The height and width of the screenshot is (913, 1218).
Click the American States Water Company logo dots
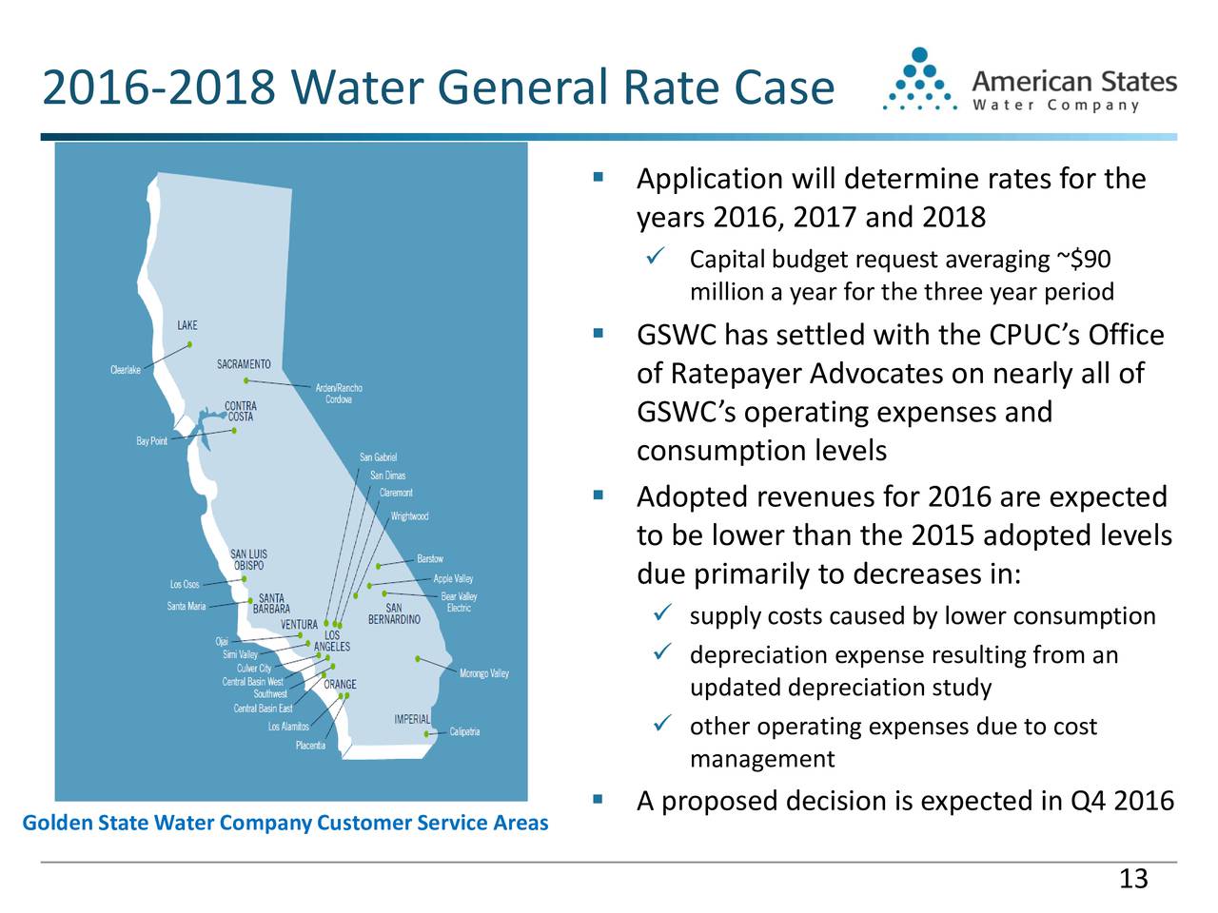point(919,82)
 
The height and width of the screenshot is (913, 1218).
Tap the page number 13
point(1133,879)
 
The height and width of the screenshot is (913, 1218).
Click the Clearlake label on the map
point(126,370)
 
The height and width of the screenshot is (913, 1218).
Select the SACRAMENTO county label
point(244,364)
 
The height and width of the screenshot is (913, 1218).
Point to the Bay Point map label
point(151,441)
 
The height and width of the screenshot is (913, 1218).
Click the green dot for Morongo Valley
point(418,658)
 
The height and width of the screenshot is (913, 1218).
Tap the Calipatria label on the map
point(464,732)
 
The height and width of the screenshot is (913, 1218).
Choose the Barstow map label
point(429,558)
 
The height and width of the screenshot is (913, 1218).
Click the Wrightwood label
point(409,516)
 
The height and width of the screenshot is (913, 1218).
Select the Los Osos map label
point(185,584)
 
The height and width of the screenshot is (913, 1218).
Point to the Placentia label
point(310,746)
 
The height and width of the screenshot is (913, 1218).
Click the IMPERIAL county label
point(412,719)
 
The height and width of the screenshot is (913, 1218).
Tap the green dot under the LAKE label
point(190,344)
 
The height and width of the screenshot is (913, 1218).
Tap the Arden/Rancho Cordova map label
point(338,394)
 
